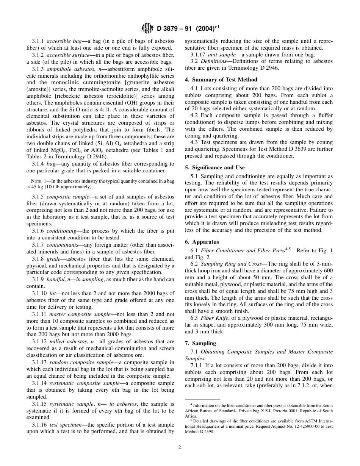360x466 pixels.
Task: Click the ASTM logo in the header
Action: pyautogui.click(x=147, y=28)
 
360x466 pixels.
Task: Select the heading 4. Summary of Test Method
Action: pyautogui.click(x=221, y=80)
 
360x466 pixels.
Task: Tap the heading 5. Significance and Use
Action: pyautogui.click(x=214, y=167)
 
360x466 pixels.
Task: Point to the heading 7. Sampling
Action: pyautogui.click(x=200, y=343)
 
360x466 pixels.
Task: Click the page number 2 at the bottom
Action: pyautogui.click(x=180, y=447)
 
